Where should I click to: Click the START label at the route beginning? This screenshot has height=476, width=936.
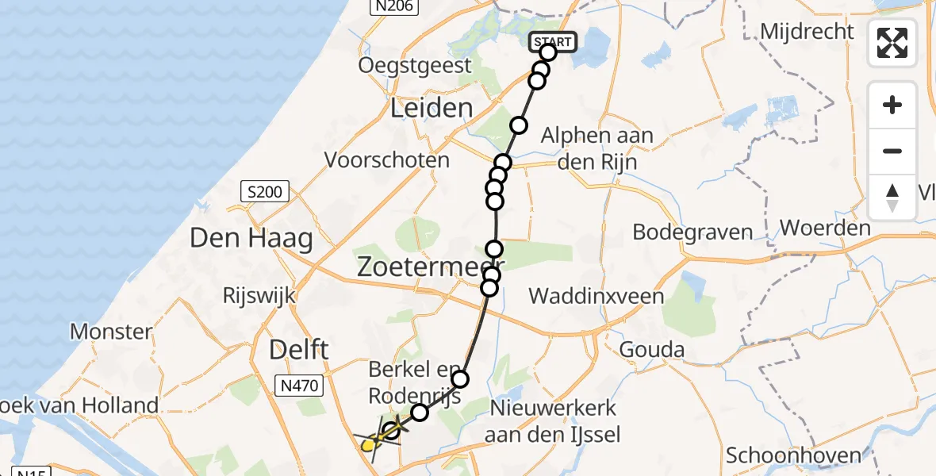click(551, 41)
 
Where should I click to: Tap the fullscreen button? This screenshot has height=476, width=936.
click(892, 43)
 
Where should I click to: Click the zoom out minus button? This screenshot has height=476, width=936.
click(892, 151)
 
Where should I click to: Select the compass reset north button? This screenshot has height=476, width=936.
click(892, 197)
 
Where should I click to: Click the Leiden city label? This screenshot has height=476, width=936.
click(432, 108)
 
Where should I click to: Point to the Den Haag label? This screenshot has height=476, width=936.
click(251, 237)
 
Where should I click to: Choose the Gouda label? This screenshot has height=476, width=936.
click(652, 349)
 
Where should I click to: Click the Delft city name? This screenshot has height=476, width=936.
click(299, 349)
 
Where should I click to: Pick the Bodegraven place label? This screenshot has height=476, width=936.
click(692, 232)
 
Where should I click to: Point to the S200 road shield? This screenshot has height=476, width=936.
click(265, 191)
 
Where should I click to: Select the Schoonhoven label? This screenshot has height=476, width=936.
click(793, 455)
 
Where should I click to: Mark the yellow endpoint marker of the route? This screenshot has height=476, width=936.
click(368, 446)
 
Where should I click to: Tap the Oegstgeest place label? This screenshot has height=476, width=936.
click(415, 65)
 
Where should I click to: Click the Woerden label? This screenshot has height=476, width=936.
click(825, 228)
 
